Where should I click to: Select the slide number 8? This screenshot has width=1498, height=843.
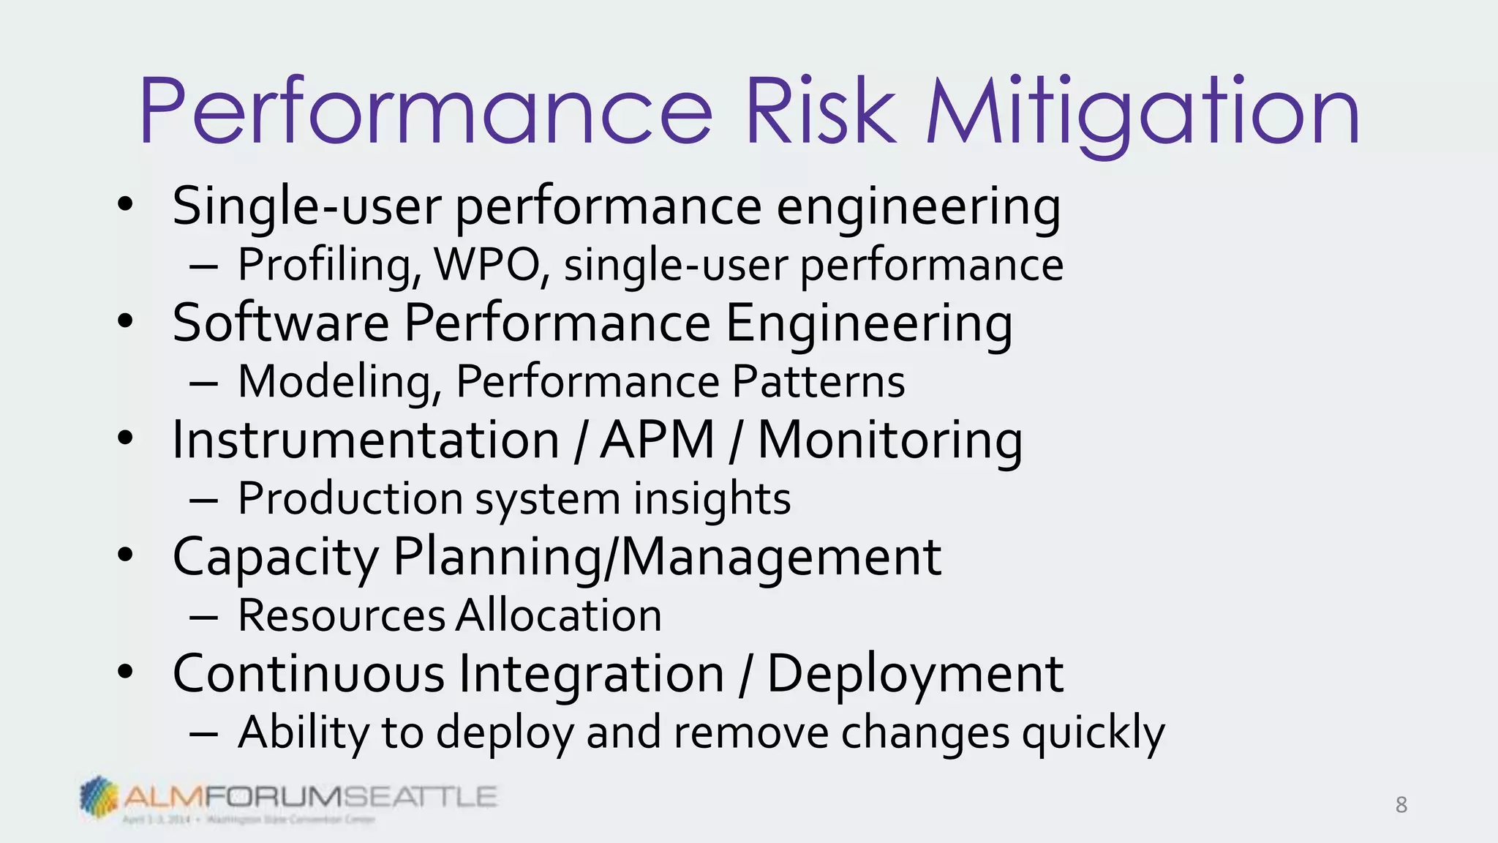pyautogui.click(x=1401, y=805)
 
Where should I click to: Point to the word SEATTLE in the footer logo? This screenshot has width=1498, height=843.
pyautogui.click(x=420, y=796)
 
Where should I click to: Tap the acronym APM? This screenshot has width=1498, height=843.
pyautogui.click(x=657, y=440)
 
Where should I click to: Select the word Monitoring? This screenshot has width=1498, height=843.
pyautogui.click(x=889, y=441)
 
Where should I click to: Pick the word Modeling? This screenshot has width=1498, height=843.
pyautogui.click(x=339, y=382)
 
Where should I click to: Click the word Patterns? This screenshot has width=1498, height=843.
pyautogui.click(x=818, y=381)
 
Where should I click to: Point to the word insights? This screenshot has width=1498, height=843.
pyautogui.click(x=712, y=499)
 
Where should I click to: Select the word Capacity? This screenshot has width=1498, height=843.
pyautogui.click(x=275, y=558)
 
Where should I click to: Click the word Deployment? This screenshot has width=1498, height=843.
pyautogui.click(x=914, y=674)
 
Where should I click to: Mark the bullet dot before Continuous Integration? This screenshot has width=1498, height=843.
pyautogui.click(x=126, y=672)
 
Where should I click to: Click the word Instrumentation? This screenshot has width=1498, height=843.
pyautogui.click(x=366, y=440)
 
